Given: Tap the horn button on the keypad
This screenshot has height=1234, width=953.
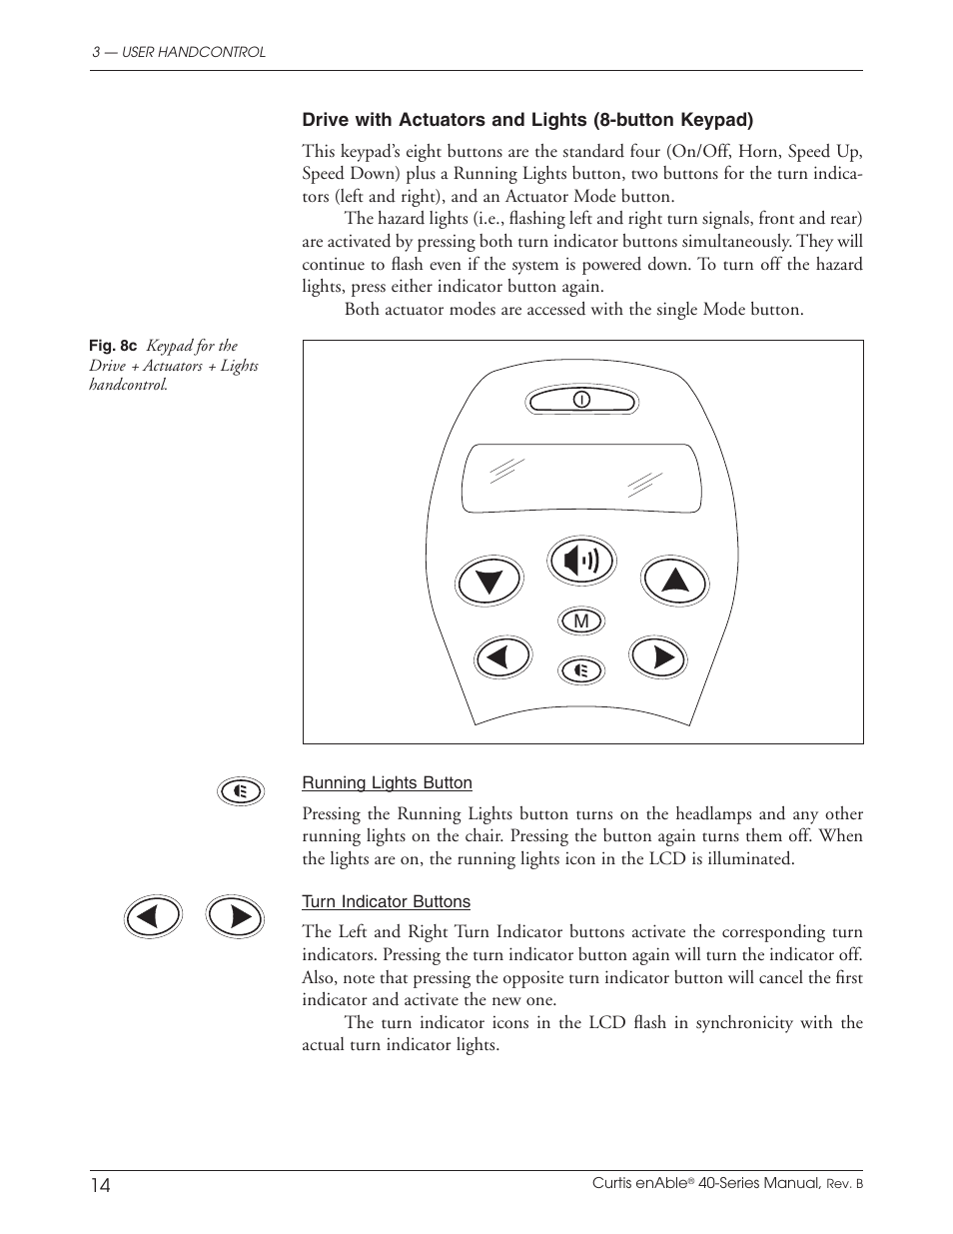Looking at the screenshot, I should click(x=581, y=561).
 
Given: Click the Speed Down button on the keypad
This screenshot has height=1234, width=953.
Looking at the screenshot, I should click(x=488, y=581).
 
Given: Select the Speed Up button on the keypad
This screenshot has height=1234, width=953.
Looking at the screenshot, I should click(x=675, y=580).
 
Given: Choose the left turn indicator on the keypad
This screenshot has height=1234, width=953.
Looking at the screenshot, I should click(x=503, y=657).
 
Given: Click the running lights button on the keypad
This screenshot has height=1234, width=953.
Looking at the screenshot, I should click(x=581, y=669).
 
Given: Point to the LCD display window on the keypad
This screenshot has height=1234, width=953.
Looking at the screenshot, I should click(x=575, y=479).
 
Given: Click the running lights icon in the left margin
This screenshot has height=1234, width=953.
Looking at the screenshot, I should click(x=241, y=791).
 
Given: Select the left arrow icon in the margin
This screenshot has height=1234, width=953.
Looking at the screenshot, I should click(x=153, y=916).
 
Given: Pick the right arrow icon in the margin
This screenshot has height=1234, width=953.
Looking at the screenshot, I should click(x=235, y=916).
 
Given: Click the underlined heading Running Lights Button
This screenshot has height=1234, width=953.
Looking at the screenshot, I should click(x=387, y=783).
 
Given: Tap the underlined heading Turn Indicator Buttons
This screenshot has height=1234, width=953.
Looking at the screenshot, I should click(x=386, y=902).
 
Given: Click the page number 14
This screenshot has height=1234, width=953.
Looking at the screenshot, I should click(x=101, y=1185).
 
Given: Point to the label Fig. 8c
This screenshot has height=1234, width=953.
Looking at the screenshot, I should click(x=112, y=346).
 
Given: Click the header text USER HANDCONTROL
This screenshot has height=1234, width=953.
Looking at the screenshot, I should click(x=193, y=52).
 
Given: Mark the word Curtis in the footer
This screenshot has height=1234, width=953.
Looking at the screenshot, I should click(x=612, y=1183).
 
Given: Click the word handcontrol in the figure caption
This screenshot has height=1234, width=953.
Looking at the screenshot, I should click(x=128, y=386).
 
